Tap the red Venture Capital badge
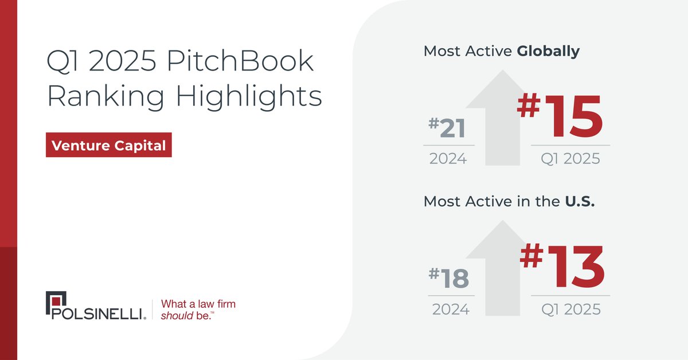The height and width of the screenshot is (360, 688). tap(108, 146)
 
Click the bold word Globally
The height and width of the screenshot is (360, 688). tap(548, 51)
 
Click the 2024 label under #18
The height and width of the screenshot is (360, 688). tap(450, 310)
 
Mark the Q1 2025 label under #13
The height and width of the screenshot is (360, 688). tap(571, 310)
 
